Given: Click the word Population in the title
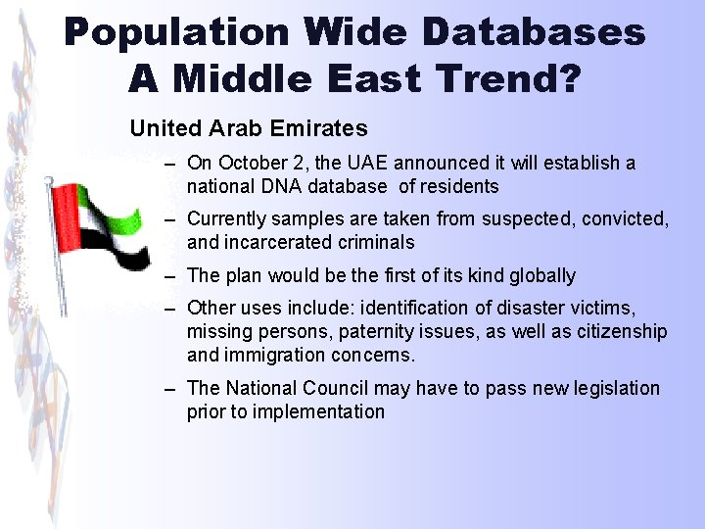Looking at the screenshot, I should point(176,32).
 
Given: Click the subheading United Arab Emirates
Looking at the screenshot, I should point(249,128).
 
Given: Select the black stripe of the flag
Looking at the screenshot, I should point(116,256).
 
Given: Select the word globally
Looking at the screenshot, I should point(542,275).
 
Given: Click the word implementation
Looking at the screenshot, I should point(319,411).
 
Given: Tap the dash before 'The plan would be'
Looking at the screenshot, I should point(170,276).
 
